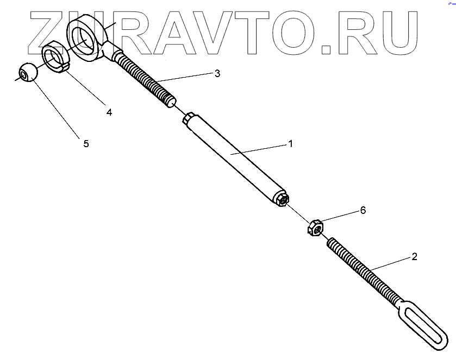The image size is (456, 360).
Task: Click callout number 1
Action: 290,144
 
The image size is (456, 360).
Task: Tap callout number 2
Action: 414,257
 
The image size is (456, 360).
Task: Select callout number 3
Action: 217,74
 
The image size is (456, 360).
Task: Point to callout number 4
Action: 109,112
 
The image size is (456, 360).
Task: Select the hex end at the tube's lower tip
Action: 282,200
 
